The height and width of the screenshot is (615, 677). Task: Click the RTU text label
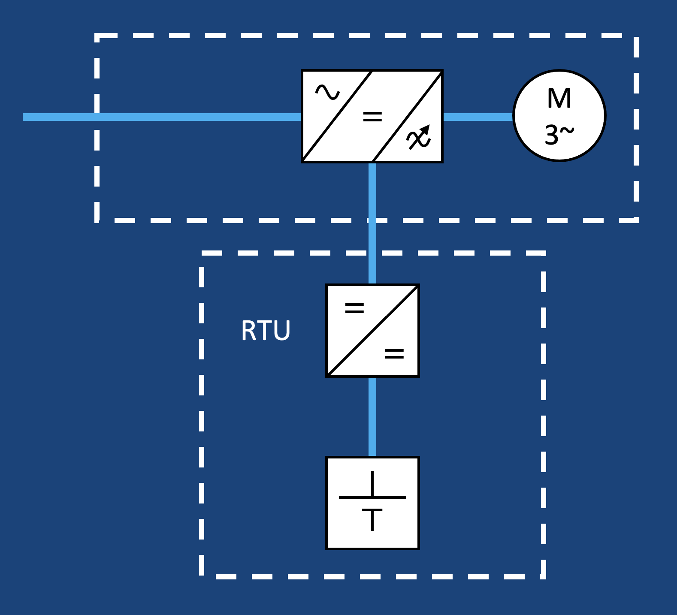(266, 331)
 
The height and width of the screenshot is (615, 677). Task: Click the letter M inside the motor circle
(559, 99)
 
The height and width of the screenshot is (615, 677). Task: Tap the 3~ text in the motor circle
(559, 135)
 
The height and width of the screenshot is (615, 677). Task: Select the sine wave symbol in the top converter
(327, 92)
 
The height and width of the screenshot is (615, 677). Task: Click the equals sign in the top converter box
(372, 116)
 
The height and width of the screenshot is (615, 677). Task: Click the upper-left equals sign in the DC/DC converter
(354, 308)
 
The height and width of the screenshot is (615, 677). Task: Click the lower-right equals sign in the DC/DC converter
(394, 354)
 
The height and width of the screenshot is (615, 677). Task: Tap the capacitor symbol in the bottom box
(372, 501)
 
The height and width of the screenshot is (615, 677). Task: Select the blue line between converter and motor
(478, 117)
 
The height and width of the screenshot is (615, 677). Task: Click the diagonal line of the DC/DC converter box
(372, 331)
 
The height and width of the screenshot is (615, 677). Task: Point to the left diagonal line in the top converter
(337, 116)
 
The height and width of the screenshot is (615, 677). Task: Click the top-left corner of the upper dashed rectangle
(97, 36)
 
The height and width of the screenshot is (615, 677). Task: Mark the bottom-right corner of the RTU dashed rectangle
(543, 576)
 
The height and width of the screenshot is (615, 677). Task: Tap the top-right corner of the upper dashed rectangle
(636, 36)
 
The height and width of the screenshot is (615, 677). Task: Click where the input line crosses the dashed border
(97, 117)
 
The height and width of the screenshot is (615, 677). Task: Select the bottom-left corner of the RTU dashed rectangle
(202, 576)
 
